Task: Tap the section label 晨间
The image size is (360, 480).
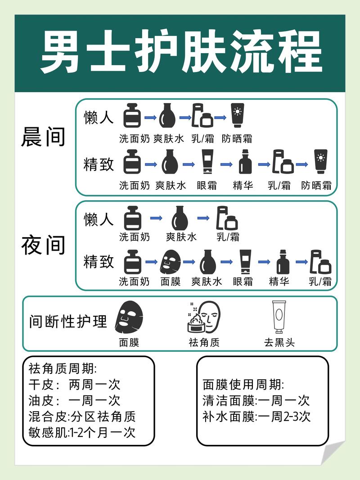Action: point(43,137)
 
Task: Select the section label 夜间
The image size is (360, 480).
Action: point(43,245)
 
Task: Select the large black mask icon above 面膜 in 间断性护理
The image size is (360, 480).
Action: point(129,317)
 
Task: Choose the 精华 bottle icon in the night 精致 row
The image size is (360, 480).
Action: point(283,262)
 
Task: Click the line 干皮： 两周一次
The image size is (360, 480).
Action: point(74,385)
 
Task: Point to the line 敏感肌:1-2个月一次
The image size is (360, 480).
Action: point(81,432)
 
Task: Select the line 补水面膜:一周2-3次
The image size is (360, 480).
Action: point(256,416)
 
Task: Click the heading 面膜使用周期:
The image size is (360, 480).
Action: point(243,385)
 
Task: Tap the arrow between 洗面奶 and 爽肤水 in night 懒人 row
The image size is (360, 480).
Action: point(156,218)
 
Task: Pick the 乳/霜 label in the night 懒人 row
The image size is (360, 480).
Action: point(228,237)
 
